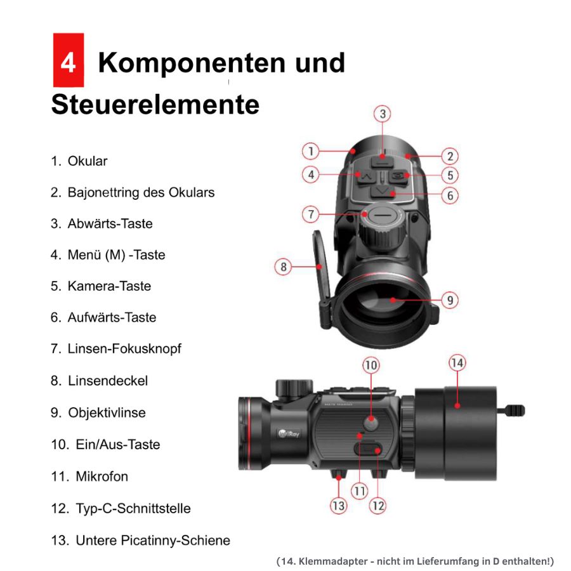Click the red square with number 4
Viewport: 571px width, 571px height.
(69, 60)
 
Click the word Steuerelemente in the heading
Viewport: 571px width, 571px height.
(155, 105)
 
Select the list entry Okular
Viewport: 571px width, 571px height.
(79, 161)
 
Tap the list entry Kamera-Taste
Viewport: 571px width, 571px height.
(101, 286)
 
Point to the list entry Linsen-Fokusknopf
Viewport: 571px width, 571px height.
(116, 349)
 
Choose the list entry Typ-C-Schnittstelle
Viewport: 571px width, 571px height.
(121, 508)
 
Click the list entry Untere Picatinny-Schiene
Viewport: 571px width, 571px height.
(141, 541)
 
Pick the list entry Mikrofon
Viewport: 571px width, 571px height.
(89, 476)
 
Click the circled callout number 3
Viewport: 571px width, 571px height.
(383, 114)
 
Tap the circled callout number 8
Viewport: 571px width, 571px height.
(284, 267)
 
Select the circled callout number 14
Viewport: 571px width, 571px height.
(457, 363)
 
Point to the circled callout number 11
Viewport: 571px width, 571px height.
(360, 491)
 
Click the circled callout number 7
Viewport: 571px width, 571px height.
(311, 214)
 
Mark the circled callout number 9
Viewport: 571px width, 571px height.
(450, 301)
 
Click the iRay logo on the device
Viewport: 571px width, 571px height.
(289, 433)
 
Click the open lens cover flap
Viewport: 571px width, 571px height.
(322, 279)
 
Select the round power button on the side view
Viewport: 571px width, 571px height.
(371, 423)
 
